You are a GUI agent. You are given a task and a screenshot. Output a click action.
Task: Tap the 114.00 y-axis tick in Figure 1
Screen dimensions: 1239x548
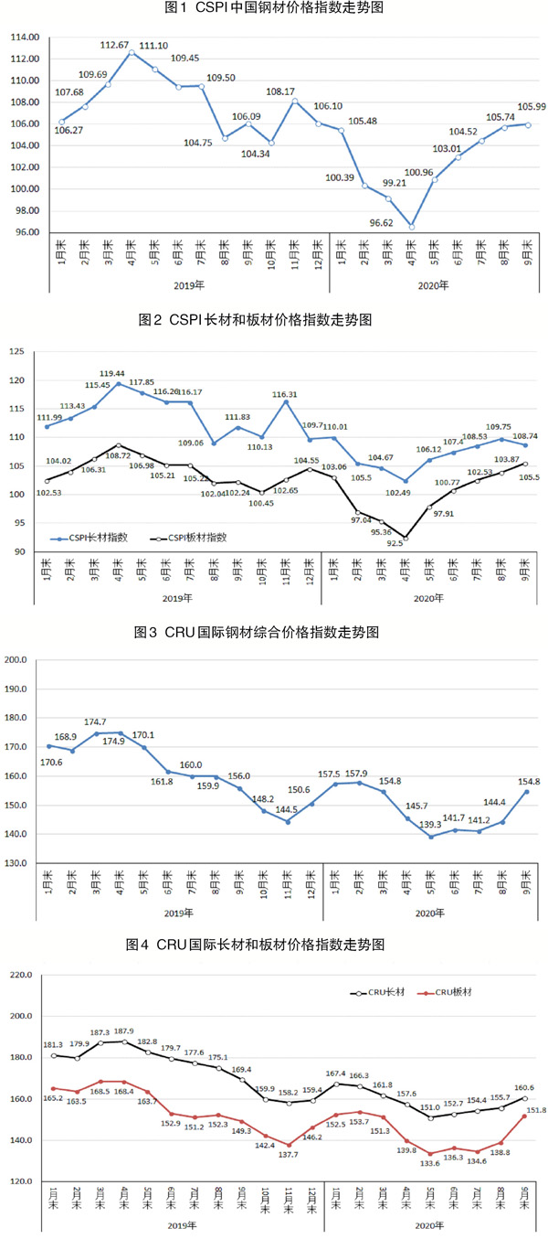point(26,37)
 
